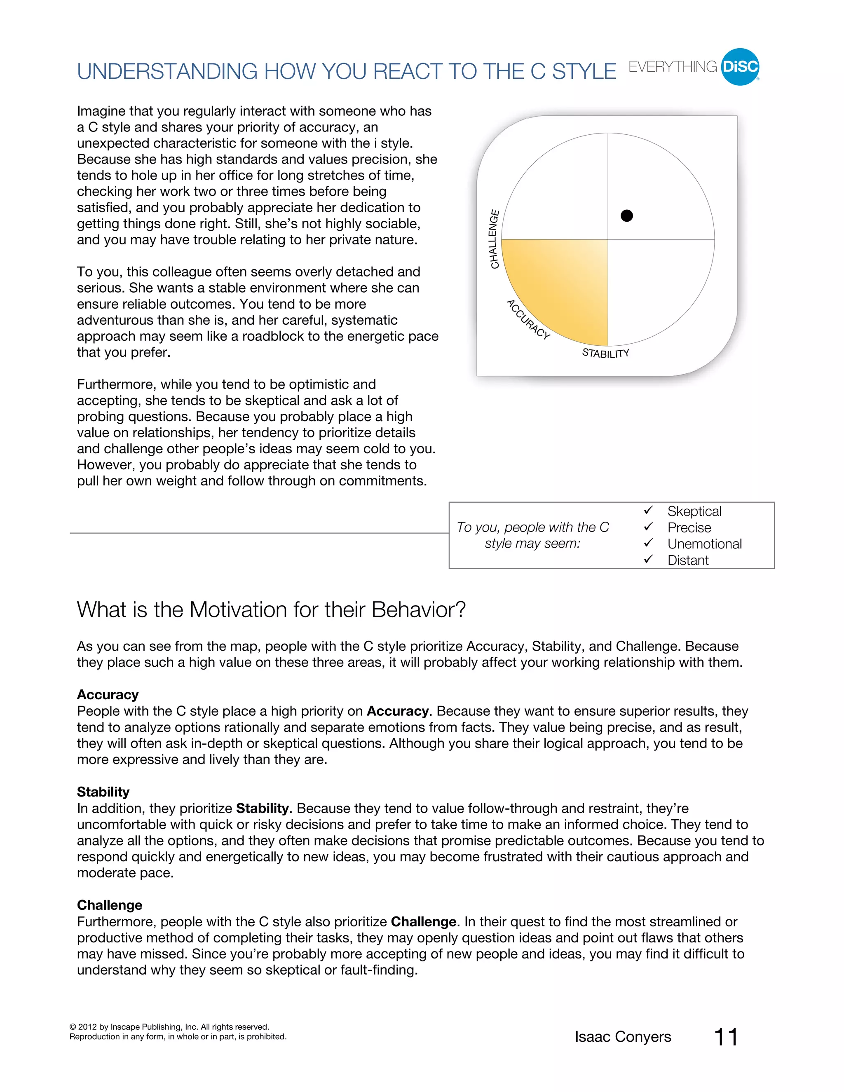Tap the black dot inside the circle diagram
pos(626,216)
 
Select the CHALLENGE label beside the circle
pos(494,239)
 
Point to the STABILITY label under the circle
pos(605,353)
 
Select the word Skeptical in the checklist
pos(694,511)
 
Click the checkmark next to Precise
pos(649,527)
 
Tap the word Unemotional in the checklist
pos(704,544)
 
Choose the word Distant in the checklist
pos(687,560)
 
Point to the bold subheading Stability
pos(103,792)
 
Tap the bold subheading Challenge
pos(110,905)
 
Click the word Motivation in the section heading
pos(237,609)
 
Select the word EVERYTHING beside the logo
pos(673,66)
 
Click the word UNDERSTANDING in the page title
pos(167,72)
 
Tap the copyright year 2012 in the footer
pos(88,1027)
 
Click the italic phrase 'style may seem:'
pos(532,544)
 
